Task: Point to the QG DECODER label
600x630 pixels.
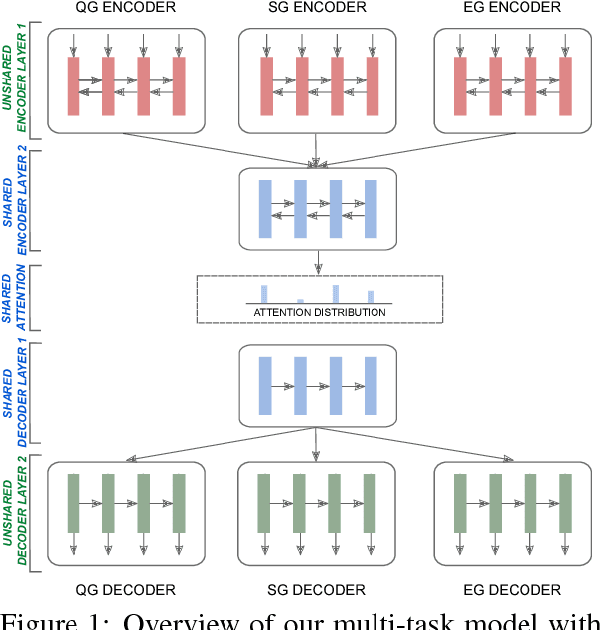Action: (x=126, y=590)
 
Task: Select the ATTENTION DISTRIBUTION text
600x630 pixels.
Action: (x=319, y=313)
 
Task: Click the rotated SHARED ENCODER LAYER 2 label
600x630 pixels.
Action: (x=21, y=208)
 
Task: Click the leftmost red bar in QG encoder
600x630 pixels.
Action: (x=74, y=85)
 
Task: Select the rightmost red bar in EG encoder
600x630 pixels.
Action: (x=565, y=85)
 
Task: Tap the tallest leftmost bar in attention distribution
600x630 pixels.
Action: (x=264, y=293)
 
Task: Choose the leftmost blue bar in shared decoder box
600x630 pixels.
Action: (x=265, y=386)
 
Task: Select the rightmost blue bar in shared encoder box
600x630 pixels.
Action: (x=371, y=210)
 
